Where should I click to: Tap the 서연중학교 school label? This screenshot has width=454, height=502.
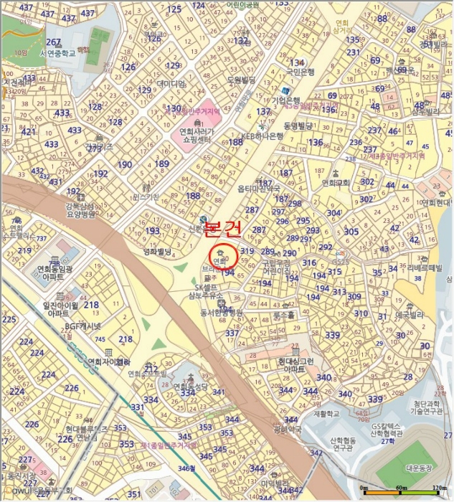[x=58, y=53]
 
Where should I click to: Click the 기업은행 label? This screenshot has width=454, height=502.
[x=285, y=101]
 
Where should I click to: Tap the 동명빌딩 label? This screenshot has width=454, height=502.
[x=297, y=126]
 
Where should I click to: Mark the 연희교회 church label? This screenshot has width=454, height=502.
[x=336, y=183]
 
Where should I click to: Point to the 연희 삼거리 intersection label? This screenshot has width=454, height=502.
[x=343, y=27]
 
